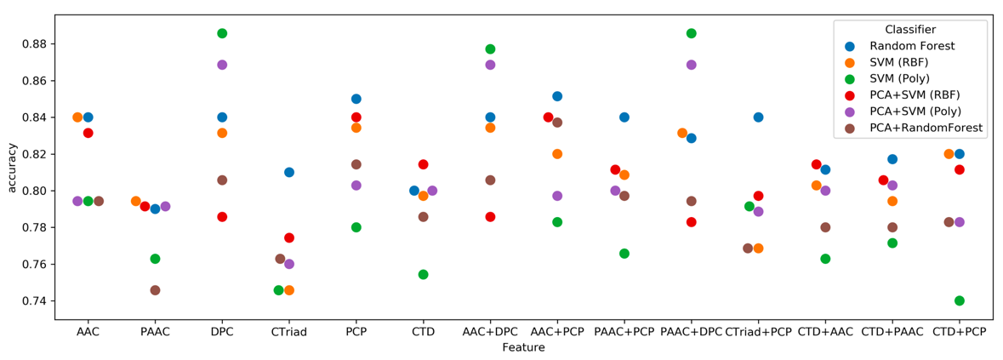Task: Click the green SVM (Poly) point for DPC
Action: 222,33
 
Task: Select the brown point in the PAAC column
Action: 155,290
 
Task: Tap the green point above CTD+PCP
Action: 960,300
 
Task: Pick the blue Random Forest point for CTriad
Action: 289,172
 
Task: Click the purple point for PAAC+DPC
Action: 691,65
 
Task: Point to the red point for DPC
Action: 222,217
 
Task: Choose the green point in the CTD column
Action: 423,274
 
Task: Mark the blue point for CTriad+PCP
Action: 758,117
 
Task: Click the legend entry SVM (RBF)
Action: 898,62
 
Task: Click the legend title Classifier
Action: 910,30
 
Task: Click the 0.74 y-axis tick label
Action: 37,301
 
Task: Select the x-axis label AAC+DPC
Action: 490,332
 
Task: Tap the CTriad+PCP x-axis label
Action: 758,332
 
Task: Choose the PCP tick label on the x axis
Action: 356,332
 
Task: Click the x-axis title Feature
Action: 523,347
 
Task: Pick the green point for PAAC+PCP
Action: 624,254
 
